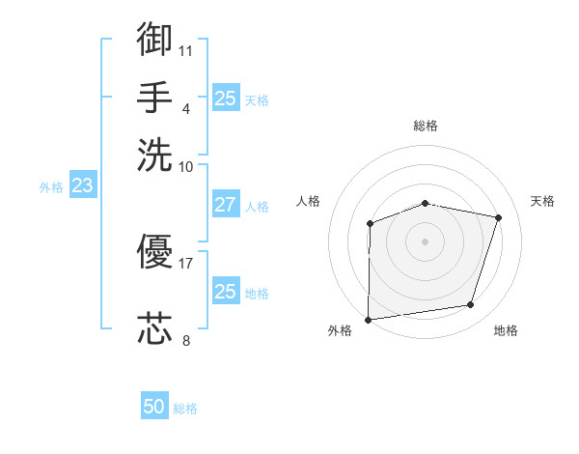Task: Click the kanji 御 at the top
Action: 154,39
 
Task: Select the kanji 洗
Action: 154,155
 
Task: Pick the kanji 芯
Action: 154,328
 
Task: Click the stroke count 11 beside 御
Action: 187,49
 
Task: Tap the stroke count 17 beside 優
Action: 186,262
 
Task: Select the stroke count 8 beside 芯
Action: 186,339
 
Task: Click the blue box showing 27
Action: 225,205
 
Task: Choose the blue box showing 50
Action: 154,407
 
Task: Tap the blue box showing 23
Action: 82,185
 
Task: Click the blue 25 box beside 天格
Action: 225,98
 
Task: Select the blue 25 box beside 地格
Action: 225,291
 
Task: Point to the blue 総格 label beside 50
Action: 185,409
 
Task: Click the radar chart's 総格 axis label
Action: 426,126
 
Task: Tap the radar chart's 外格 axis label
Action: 340,330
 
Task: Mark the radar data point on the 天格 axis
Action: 499,218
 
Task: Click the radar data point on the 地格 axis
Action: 470,305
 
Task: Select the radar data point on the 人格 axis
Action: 370,224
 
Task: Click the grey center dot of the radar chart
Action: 425,241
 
